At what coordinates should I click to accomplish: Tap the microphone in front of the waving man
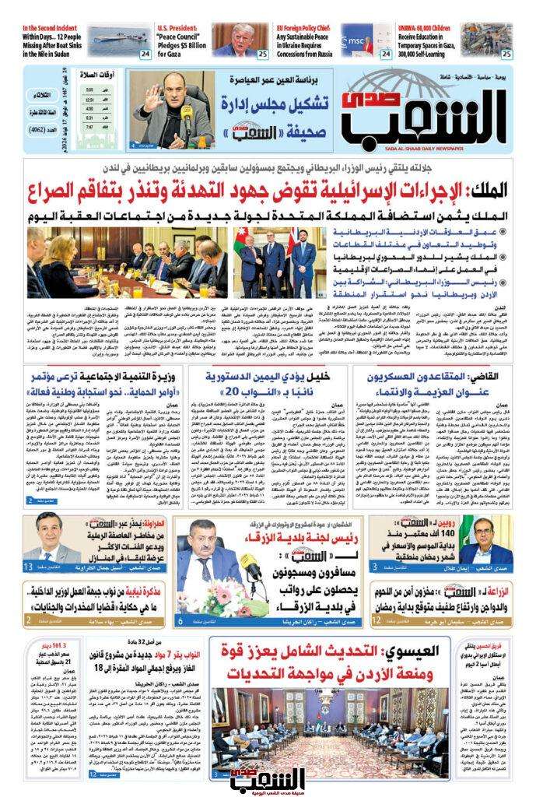click(187, 125)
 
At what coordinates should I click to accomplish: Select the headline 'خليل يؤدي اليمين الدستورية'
click(269, 377)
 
